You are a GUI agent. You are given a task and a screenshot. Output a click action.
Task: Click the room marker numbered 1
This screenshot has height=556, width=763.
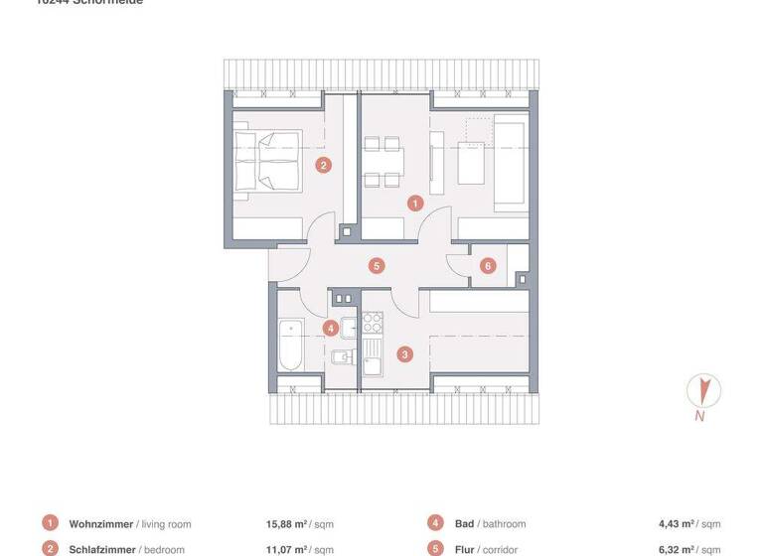click(415, 203)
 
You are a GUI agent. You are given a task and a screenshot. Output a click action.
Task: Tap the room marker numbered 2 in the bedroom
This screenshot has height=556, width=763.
click(323, 166)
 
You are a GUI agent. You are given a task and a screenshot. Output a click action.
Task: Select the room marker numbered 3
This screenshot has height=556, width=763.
click(404, 353)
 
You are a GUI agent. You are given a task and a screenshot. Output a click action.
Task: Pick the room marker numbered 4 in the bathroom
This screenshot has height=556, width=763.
click(330, 327)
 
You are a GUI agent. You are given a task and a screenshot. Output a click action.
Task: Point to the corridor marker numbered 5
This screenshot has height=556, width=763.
click(376, 265)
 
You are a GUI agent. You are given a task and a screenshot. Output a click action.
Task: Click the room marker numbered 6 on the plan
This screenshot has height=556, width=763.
click(487, 265)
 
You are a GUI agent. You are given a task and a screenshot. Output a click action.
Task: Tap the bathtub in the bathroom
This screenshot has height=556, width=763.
click(290, 345)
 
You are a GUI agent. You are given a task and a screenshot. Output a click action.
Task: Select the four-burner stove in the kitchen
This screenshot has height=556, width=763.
click(372, 322)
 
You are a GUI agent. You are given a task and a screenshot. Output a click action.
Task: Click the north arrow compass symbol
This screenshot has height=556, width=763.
click(704, 388)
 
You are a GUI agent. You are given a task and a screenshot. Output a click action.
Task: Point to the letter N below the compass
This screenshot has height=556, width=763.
click(700, 417)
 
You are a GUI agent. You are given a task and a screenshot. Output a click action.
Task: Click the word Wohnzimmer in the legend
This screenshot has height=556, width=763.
click(100, 523)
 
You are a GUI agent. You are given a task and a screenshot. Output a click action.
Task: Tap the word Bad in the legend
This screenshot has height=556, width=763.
click(464, 523)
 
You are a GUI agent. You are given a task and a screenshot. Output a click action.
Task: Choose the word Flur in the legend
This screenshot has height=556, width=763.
click(466, 548)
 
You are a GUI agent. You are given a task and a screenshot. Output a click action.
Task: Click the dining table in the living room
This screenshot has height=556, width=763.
click(383, 166)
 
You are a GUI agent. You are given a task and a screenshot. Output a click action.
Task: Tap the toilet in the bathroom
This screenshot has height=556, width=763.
click(342, 356)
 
